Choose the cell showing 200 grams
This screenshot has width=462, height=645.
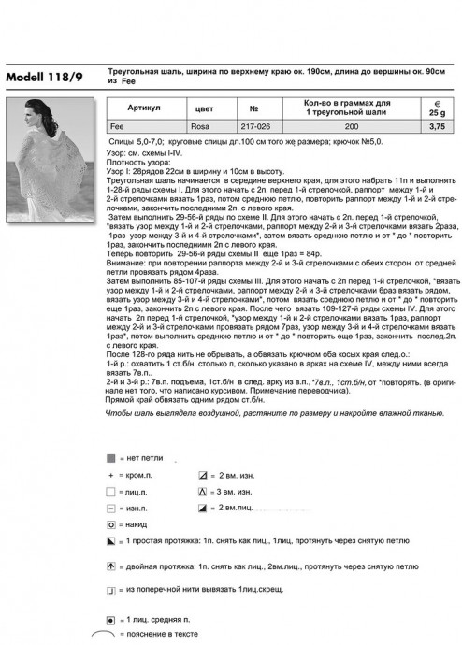(350, 124)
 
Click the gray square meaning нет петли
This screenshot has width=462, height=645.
(110, 459)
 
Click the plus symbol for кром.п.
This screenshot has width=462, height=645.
(110, 475)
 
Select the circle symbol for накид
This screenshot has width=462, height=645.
(110, 525)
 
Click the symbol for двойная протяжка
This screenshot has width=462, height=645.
(110, 566)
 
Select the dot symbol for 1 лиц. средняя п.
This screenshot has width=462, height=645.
(110, 619)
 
